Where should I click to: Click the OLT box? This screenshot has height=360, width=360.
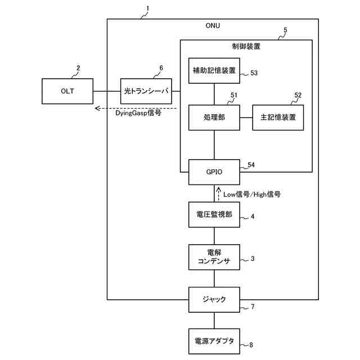(67, 91)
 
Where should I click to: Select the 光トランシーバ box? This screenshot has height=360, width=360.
(146, 91)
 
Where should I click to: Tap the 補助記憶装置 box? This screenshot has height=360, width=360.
(214, 70)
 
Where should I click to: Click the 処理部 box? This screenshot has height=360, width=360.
(214, 118)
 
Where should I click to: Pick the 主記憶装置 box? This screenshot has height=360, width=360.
(278, 118)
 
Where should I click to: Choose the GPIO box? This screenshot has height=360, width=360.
(214, 172)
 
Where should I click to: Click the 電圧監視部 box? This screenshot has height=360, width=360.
(214, 215)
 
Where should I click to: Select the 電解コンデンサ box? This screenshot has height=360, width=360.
(214, 257)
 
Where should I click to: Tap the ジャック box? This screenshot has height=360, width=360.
(214, 300)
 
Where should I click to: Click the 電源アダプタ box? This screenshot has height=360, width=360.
(214, 341)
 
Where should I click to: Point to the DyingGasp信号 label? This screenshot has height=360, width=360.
(138, 113)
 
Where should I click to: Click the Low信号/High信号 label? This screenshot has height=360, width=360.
(252, 195)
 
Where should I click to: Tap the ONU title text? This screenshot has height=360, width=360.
(213, 25)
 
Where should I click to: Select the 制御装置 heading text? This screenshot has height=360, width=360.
(246, 46)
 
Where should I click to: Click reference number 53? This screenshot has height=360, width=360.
(254, 73)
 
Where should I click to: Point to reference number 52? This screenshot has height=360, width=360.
(298, 95)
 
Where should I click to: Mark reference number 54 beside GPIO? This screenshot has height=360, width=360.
(251, 165)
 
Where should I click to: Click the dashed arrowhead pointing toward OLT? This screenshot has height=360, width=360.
(97, 108)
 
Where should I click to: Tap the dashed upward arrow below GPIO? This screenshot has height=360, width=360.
(219, 193)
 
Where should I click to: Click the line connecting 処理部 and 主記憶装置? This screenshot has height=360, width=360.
(246, 118)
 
